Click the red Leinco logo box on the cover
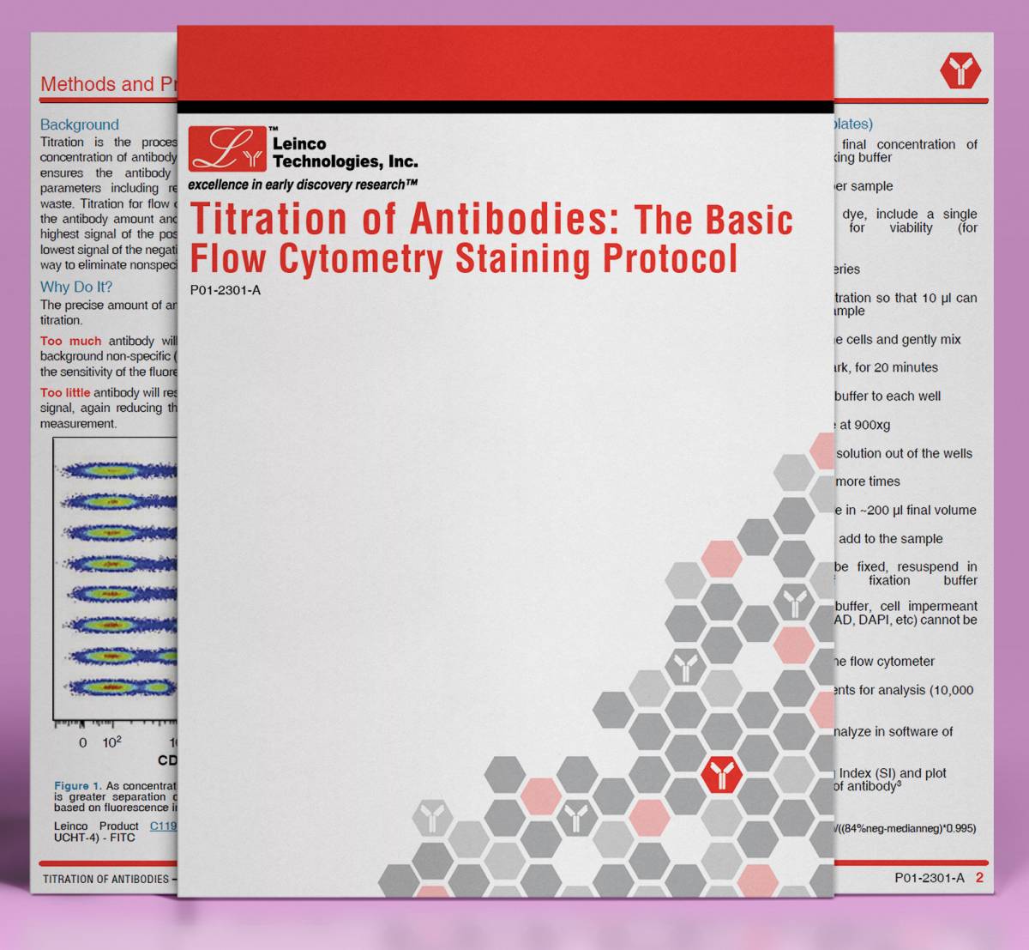(226, 148)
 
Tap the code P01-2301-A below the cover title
(225, 290)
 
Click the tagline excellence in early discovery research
(302, 185)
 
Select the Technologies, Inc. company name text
(345, 161)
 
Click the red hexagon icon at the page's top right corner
(960, 70)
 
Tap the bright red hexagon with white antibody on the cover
(721, 775)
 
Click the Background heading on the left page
(80, 124)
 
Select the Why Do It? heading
(76, 287)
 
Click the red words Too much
(70, 341)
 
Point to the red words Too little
(65, 392)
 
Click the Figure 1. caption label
(77, 785)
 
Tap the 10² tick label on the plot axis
(112, 742)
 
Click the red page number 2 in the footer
(979, 878)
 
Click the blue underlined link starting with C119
(163, 826)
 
